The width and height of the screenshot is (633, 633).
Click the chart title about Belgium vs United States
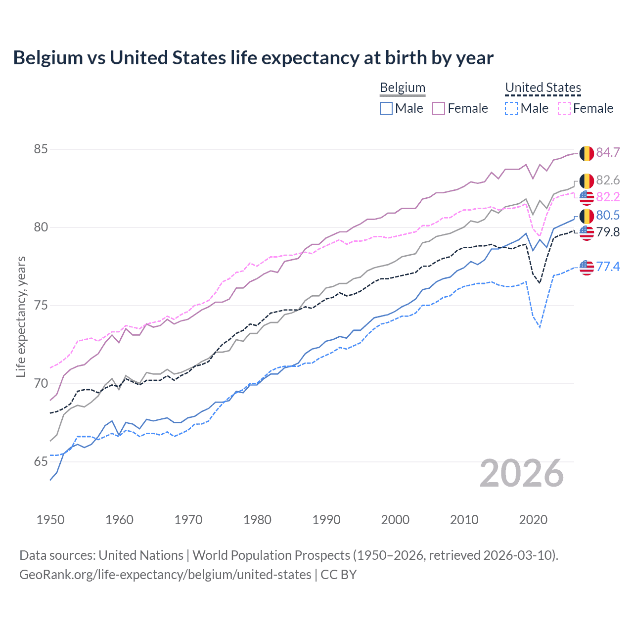(x=253, y=58)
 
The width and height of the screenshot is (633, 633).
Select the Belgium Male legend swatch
(x=386, y=108)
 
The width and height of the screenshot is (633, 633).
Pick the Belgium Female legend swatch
(x=439, y=108)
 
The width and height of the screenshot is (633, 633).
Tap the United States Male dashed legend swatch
(x=511, y=108)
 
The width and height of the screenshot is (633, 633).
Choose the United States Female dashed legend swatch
(x=564, y=108)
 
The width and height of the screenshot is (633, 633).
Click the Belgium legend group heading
(x=403, y=88)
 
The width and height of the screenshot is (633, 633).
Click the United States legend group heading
(x=543, y=88)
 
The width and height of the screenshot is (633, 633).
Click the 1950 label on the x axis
(x=50, y=520)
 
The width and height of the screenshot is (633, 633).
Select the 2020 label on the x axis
(x=533, y=520)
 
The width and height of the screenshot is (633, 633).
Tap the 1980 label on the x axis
(x=257, y=520)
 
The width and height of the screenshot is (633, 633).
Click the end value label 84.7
(x=608, y=152)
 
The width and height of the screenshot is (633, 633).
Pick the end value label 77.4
(x=608, y=267)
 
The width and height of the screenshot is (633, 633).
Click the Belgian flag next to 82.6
(x=587, y=181)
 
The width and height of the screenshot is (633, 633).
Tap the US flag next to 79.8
(x=587, y=232)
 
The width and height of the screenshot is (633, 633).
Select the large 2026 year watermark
(x=522, y=474)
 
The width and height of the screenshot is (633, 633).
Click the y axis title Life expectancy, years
(x=21, y=316)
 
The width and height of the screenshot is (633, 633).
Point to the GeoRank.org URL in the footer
(x=165, y=575)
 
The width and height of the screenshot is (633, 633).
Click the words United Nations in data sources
(x=141, y=555)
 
